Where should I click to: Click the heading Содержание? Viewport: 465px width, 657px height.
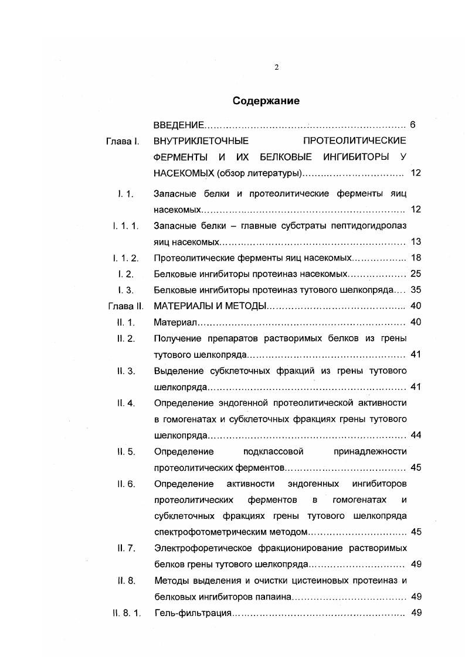point(266,101)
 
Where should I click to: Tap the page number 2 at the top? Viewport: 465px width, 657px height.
point(276,67)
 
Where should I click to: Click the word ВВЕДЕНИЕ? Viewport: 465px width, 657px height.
point(178,125)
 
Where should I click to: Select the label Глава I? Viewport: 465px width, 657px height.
point(122,141)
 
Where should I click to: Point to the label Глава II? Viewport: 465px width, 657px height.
point(125,306)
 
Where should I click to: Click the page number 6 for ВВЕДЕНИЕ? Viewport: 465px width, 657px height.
point(413,125)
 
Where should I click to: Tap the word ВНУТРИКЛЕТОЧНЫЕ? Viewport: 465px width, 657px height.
point(201,141)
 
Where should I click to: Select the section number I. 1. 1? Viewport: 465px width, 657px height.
point(125,225)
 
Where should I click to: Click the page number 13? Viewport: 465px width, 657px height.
point(416,241)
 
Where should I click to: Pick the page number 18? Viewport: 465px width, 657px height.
point(416,258)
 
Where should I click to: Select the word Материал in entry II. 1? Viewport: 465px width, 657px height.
point(174,322)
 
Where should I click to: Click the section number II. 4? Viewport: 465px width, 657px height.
point(127,403)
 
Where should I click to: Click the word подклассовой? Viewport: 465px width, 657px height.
point(272,451)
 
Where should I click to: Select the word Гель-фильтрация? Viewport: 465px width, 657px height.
point(193,613)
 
